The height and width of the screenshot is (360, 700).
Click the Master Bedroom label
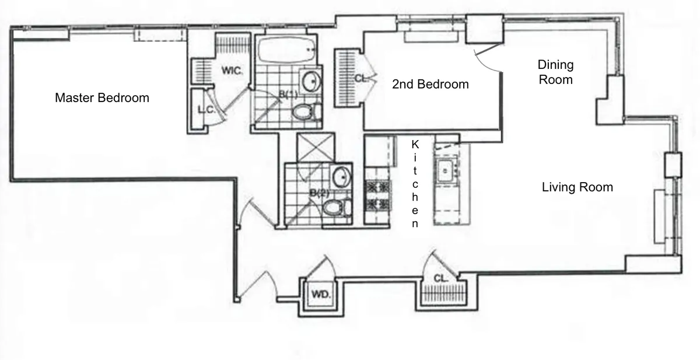[x=101, y=98]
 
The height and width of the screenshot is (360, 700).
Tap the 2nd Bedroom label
[x=430, y=85]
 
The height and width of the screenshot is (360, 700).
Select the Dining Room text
[x=555, y=72]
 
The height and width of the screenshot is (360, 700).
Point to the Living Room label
[x=577, y=187]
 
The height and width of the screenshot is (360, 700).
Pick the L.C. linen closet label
[x=204, y=109]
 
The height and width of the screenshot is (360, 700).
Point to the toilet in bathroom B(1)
[x=306, y=111]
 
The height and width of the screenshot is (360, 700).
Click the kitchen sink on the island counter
[x=446, y=170]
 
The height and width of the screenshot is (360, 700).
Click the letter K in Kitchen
[x=415, y=144]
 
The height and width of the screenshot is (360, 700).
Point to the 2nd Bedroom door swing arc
[x=489, y=58]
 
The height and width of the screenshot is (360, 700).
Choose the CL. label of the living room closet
[x=440, y=279]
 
